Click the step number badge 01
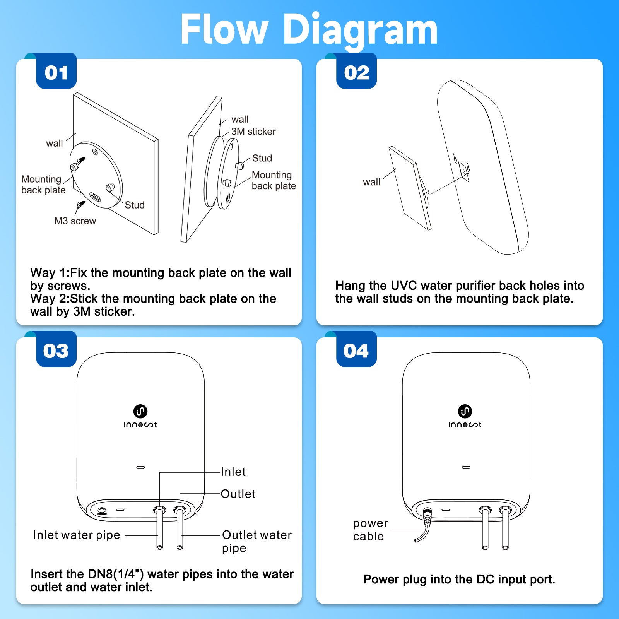[x=56, y=72]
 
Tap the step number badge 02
[x=356, y=72]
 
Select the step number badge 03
[x=56, y=351]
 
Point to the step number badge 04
[x=356, y=351]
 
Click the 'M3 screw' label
[x=75, y=221]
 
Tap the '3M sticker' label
[x=253, y=132]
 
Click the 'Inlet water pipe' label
[x=77, y=535]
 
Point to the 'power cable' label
[x=370, y=530]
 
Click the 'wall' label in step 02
[x=371, y=182]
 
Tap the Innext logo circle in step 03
[x=140, y=411]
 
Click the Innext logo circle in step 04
[x=465, y=411]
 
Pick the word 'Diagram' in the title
[x=361, y=30]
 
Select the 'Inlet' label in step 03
[x=233, y=472]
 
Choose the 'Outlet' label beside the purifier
[x=238, y=494]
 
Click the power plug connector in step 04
[x=427, y=516]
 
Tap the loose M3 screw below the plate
[x=80, y=204]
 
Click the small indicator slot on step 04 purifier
[x=466, y=467]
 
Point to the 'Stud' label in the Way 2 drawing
[x=262, y=158]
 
